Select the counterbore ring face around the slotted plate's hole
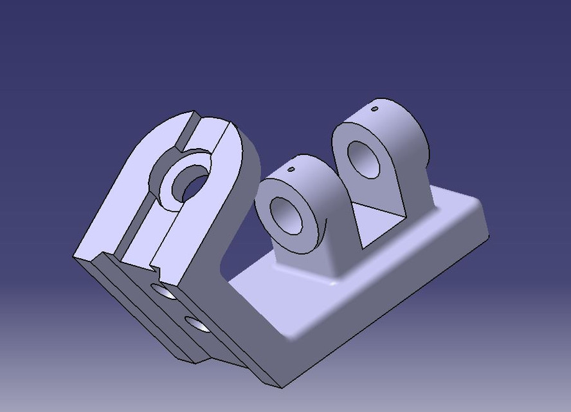pyautogui.click(x=172, y=191)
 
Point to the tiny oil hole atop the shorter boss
pyautogui.click(x=291, y=171)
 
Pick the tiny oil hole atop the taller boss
pyautogui.click(x=375, y=109)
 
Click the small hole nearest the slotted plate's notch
pyautogui.click(x=165, y=293)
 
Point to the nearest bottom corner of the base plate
pyautogui.click(x=280, y=387)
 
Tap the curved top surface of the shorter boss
pyautogui.click(x=315, y=174)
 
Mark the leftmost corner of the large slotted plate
pyautogui.click(x=74, y=257)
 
